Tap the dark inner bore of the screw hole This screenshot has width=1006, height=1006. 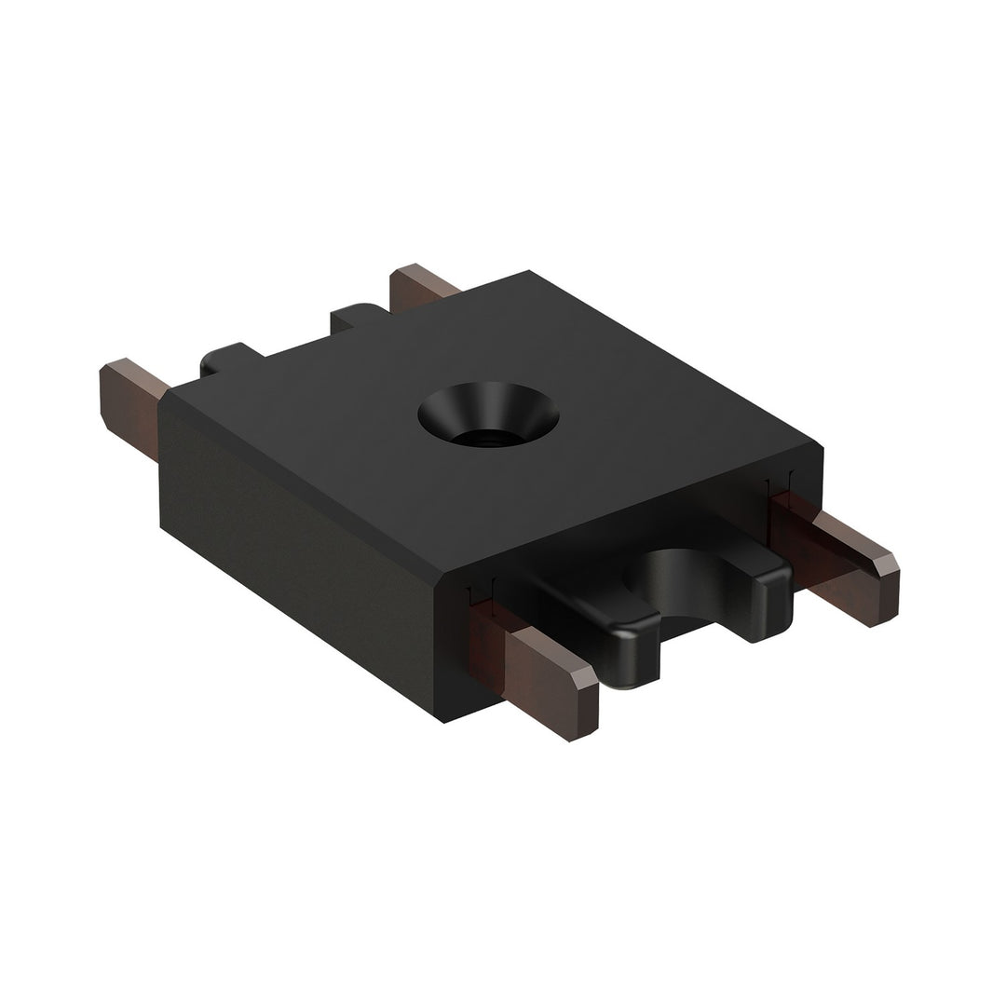(486, 433)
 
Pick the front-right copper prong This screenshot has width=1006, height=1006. (838, 568)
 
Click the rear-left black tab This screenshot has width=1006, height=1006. (228, 359)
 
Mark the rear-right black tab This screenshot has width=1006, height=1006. (359, 317)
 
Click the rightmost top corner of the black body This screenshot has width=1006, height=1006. (822, 448)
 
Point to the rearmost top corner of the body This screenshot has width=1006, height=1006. (529, 271)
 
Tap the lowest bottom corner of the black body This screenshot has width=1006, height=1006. (443, 723)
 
